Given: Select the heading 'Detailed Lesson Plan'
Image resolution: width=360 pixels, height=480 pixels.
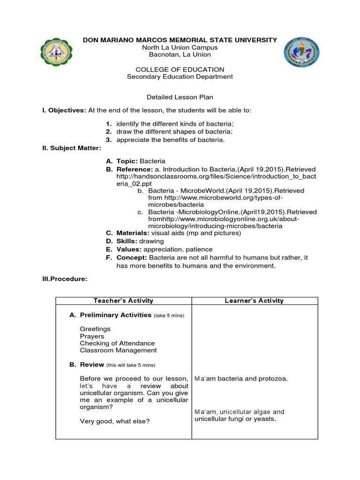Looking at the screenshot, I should [x=180, y=97].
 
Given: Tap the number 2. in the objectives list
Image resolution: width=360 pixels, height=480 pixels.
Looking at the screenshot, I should [x=108, y=132].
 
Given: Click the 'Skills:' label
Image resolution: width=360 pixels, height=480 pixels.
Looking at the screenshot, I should [x=127, y=241].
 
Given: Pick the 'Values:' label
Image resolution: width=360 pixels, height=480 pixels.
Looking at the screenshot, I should [x=129, y=249].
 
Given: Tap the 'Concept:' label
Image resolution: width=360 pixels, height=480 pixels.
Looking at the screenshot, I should [x=132, y=258].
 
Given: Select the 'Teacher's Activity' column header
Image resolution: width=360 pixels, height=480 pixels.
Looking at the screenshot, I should [x=123, y=301].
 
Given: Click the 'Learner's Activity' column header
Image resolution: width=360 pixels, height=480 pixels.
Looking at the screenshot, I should [x=254, y=301].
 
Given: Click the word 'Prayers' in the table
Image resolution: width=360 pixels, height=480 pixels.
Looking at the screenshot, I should [x=92, y=336].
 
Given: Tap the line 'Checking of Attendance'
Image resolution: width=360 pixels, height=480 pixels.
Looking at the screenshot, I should [x=117, y=343].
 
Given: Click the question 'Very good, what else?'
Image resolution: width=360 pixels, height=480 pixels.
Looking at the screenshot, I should [x=114, y=421].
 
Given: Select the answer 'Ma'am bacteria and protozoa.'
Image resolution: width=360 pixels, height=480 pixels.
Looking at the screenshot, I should [x=241, y=379].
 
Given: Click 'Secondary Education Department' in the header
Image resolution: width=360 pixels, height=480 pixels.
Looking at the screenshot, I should [x=180, y=77].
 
